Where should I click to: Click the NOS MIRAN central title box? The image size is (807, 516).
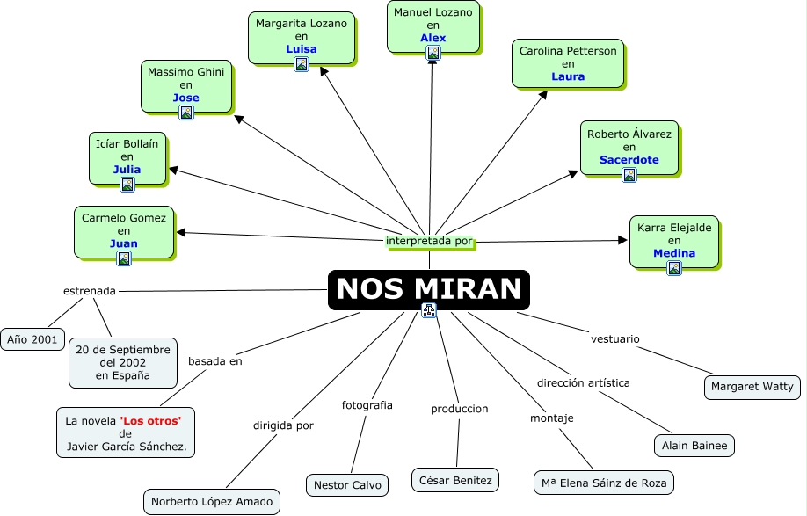[x=429, y=288]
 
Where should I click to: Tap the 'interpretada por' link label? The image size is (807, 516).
[x=430, y=241]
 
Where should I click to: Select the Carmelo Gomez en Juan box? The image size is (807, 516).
[x=124, y=230]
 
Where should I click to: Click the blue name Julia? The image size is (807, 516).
[x=127, y=170]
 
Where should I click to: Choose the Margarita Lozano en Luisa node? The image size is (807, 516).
[x=301, y=38]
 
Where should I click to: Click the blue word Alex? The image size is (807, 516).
[x=433, y=38]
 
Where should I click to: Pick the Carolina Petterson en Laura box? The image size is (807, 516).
[x=568, y=63]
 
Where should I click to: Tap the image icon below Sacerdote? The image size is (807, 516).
[x=629, y=175]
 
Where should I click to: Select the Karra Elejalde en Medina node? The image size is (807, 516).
[x=674, y=240]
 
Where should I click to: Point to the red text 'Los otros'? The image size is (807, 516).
[x=150, y=421]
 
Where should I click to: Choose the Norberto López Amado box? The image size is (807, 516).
[x=211, y=502]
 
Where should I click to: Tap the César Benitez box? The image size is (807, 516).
[x=455, y=480]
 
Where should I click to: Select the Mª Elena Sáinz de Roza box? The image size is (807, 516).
[x=604, y=483]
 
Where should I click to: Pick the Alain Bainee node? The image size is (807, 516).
[x=694, y=446]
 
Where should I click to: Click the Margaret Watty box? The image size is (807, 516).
[x=752, y=386]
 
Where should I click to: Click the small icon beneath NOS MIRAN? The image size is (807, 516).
[x=429, y=309]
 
